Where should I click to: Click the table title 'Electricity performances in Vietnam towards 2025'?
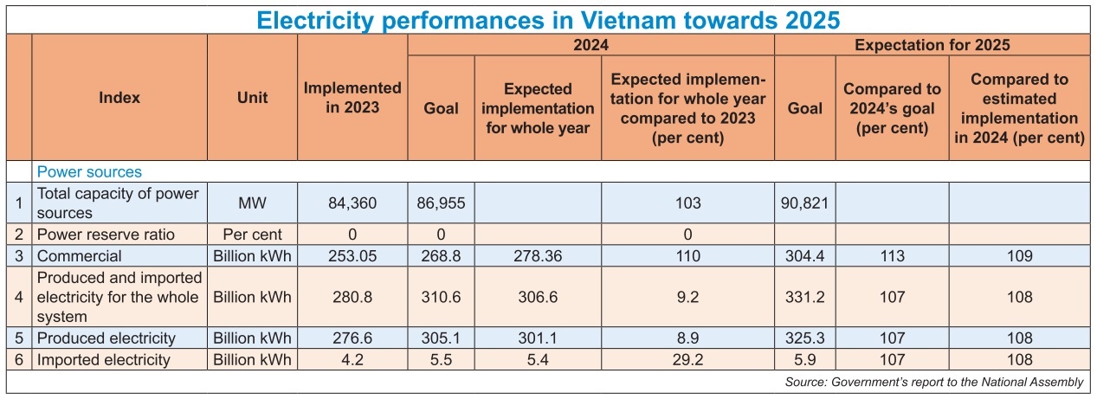coord(548,18)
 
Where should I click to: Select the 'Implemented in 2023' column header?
coord(352,97)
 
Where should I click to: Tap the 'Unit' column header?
coord(252,97)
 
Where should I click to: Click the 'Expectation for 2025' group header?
coord(932,45)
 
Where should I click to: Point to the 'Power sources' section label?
coord(89,172)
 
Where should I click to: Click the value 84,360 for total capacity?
coord(352,203)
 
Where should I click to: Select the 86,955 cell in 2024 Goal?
coord(441,203)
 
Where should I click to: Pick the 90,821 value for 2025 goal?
coord(804,203)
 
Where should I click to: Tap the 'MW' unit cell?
coord(252,203)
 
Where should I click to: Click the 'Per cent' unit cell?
coord(252,235)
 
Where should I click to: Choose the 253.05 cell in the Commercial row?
coord(352,255)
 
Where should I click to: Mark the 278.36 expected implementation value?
coord(537,255)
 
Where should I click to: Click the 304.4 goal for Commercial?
coord(804,255)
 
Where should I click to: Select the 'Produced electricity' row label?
coord(106,338)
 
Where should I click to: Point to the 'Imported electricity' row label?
coord(104,359)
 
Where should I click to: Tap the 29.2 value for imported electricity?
coord(687,359)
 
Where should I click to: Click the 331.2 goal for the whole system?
coord(804,297)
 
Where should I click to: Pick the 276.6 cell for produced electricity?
coord(352,338)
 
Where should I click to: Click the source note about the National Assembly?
coord(933,382)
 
